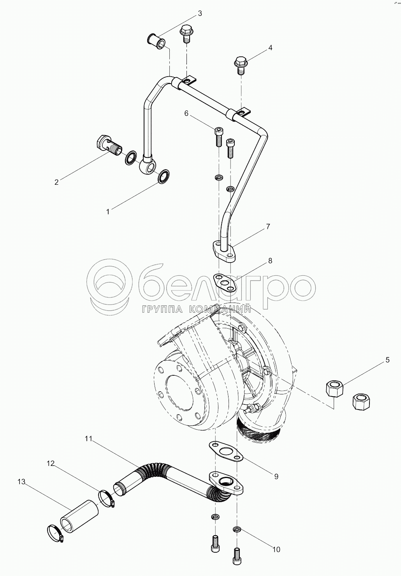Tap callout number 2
[x=56, y=182]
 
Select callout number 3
[x=200, y=14]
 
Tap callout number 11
[x=88, y=439]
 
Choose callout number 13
[x=21, y=481]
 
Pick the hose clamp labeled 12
[x=106, y=498]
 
